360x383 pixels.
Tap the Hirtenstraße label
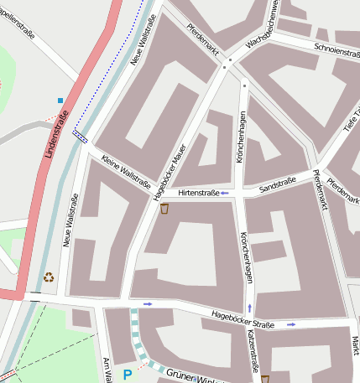pyautogui.click(x=198, y=193)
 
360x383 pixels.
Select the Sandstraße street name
pyautogui.click(x=276, y=188)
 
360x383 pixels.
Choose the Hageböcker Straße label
pyautogui.click(x=243, y=318)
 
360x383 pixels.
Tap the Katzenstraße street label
pyautogui.click(x=253, y=350)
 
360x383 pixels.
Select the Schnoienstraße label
pyautogui.click(x=336, y=49)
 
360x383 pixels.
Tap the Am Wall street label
pyautogui.click(x=107, y=369)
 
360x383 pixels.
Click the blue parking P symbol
pyautogui.click(x=128, y=375)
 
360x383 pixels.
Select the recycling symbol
pyautogui.click(x=49, y=277)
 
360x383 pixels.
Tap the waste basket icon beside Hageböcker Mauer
pyautogui.click(x=165, y=209)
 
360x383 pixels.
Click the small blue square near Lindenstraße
pyautogui.click(x=60, y=101)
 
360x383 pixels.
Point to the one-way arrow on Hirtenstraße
pyautogui.click(x=224, y=193)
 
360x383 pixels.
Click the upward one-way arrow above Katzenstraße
pyautogui.click(x=248, y=308)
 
